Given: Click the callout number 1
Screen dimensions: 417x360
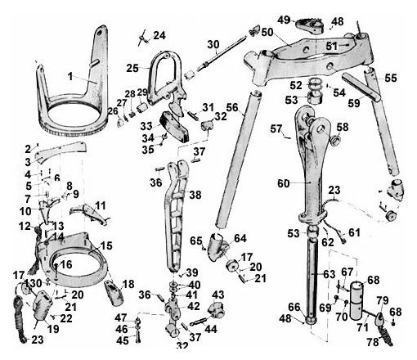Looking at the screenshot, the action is [70, 77].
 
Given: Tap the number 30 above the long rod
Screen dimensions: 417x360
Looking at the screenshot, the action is [213, 44].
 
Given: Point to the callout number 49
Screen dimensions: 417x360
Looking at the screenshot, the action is [284, 20].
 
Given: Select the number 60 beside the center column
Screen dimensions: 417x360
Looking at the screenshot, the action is [283, 183].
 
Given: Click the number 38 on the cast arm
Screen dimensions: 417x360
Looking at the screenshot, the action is [195, 195].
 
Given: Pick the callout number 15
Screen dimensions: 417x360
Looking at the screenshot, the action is [106, 245].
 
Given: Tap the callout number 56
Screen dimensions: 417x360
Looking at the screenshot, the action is [232, 108].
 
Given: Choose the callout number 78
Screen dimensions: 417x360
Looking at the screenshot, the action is [372, 342].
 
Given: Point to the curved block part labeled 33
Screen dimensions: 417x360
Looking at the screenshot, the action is [174, 127].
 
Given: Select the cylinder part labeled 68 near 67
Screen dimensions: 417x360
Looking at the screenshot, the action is [356, 301].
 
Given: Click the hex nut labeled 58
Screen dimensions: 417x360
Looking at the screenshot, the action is [334, 140].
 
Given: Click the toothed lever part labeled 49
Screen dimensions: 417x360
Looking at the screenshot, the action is [309, 25].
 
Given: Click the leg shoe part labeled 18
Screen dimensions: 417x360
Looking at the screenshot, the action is [114, 293].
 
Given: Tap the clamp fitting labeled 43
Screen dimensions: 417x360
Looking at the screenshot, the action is [216, 310].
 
